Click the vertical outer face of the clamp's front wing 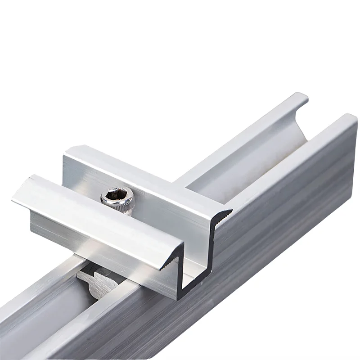103,243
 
